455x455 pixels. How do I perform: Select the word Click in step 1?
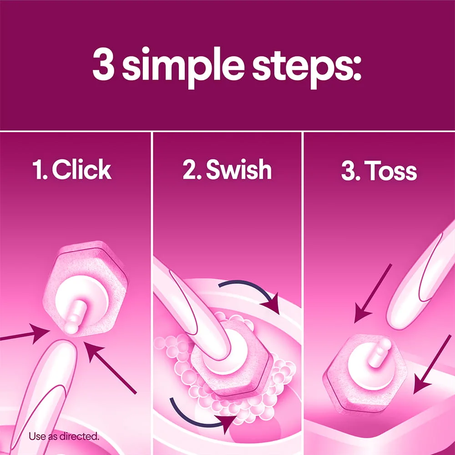click(x=81, y=169)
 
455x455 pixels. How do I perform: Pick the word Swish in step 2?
click(x=238, y=169)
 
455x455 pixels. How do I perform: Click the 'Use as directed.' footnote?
click(x=64, y=436)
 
